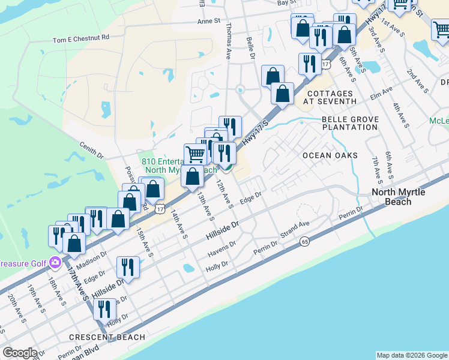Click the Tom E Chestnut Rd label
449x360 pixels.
(81, 38)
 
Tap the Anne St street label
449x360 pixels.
(209, 21)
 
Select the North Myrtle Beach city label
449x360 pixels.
(400, 197)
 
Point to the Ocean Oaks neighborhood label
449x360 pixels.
(330, 155)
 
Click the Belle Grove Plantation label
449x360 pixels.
(350, 124)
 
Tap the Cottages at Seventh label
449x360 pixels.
(330, 98)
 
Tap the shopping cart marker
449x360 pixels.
(195, 154)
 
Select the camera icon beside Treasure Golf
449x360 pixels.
(55, 262)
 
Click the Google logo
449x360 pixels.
(19, 353)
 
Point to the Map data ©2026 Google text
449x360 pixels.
(412, 355)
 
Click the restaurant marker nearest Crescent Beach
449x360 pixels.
(106, 309)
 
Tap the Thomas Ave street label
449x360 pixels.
(228, 42)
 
